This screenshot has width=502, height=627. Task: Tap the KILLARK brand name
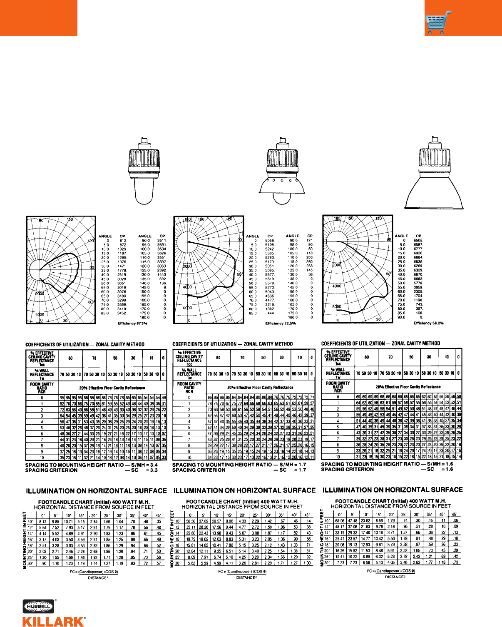click(54, 622)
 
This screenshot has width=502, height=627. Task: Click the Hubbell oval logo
click(39, 607)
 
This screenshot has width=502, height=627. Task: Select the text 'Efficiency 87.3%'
click(132, 323)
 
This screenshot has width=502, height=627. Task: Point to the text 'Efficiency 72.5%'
click(281, 323)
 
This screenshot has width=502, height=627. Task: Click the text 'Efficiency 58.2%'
click(428, 323)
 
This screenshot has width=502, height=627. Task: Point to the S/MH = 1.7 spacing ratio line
click(239, 465)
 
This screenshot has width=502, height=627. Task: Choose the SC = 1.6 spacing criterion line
click(387, 469)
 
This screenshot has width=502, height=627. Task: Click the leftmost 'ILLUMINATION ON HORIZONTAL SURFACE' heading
click(96, 491)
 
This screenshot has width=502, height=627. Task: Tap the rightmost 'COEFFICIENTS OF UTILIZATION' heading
click(380, 344)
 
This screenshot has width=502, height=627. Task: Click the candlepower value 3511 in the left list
click(162, 241)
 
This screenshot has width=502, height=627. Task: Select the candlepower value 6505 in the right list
click(418, 240)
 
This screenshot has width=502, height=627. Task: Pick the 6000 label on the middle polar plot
click(187, 308)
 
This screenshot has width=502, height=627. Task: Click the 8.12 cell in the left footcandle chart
click(42, 522)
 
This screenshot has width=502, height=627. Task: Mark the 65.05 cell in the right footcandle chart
click(340, 521)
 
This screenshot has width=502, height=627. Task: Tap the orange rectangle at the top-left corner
click(38, 17)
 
